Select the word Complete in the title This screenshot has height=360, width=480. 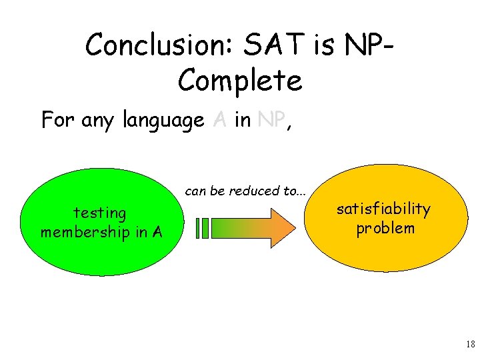click(240, 81)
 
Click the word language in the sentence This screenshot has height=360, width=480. click(163, 121)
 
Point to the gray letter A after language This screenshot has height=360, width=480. click(220, 119)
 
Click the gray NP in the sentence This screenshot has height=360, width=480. click(271, 119)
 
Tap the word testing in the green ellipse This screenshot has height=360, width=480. click(100, 213)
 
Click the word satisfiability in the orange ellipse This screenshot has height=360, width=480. click(383, 209)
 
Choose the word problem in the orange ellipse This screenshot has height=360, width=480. click(385, 228)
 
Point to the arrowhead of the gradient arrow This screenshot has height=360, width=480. click(283, 227)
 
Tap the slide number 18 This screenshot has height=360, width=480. click(470, 345)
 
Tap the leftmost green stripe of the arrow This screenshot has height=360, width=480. click(198, 228)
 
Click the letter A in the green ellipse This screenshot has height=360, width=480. click(157, 232)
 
